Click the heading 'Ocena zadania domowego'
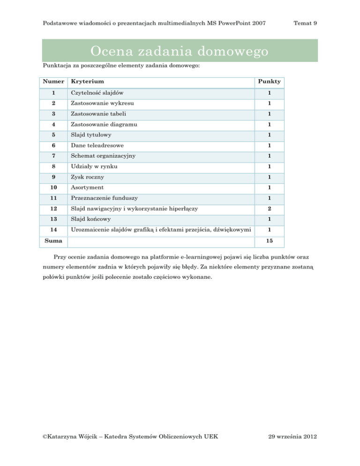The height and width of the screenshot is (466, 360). [180, 50]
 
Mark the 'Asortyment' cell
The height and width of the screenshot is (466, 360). [87, 188]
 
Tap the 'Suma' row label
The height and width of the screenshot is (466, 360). [53, 240]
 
